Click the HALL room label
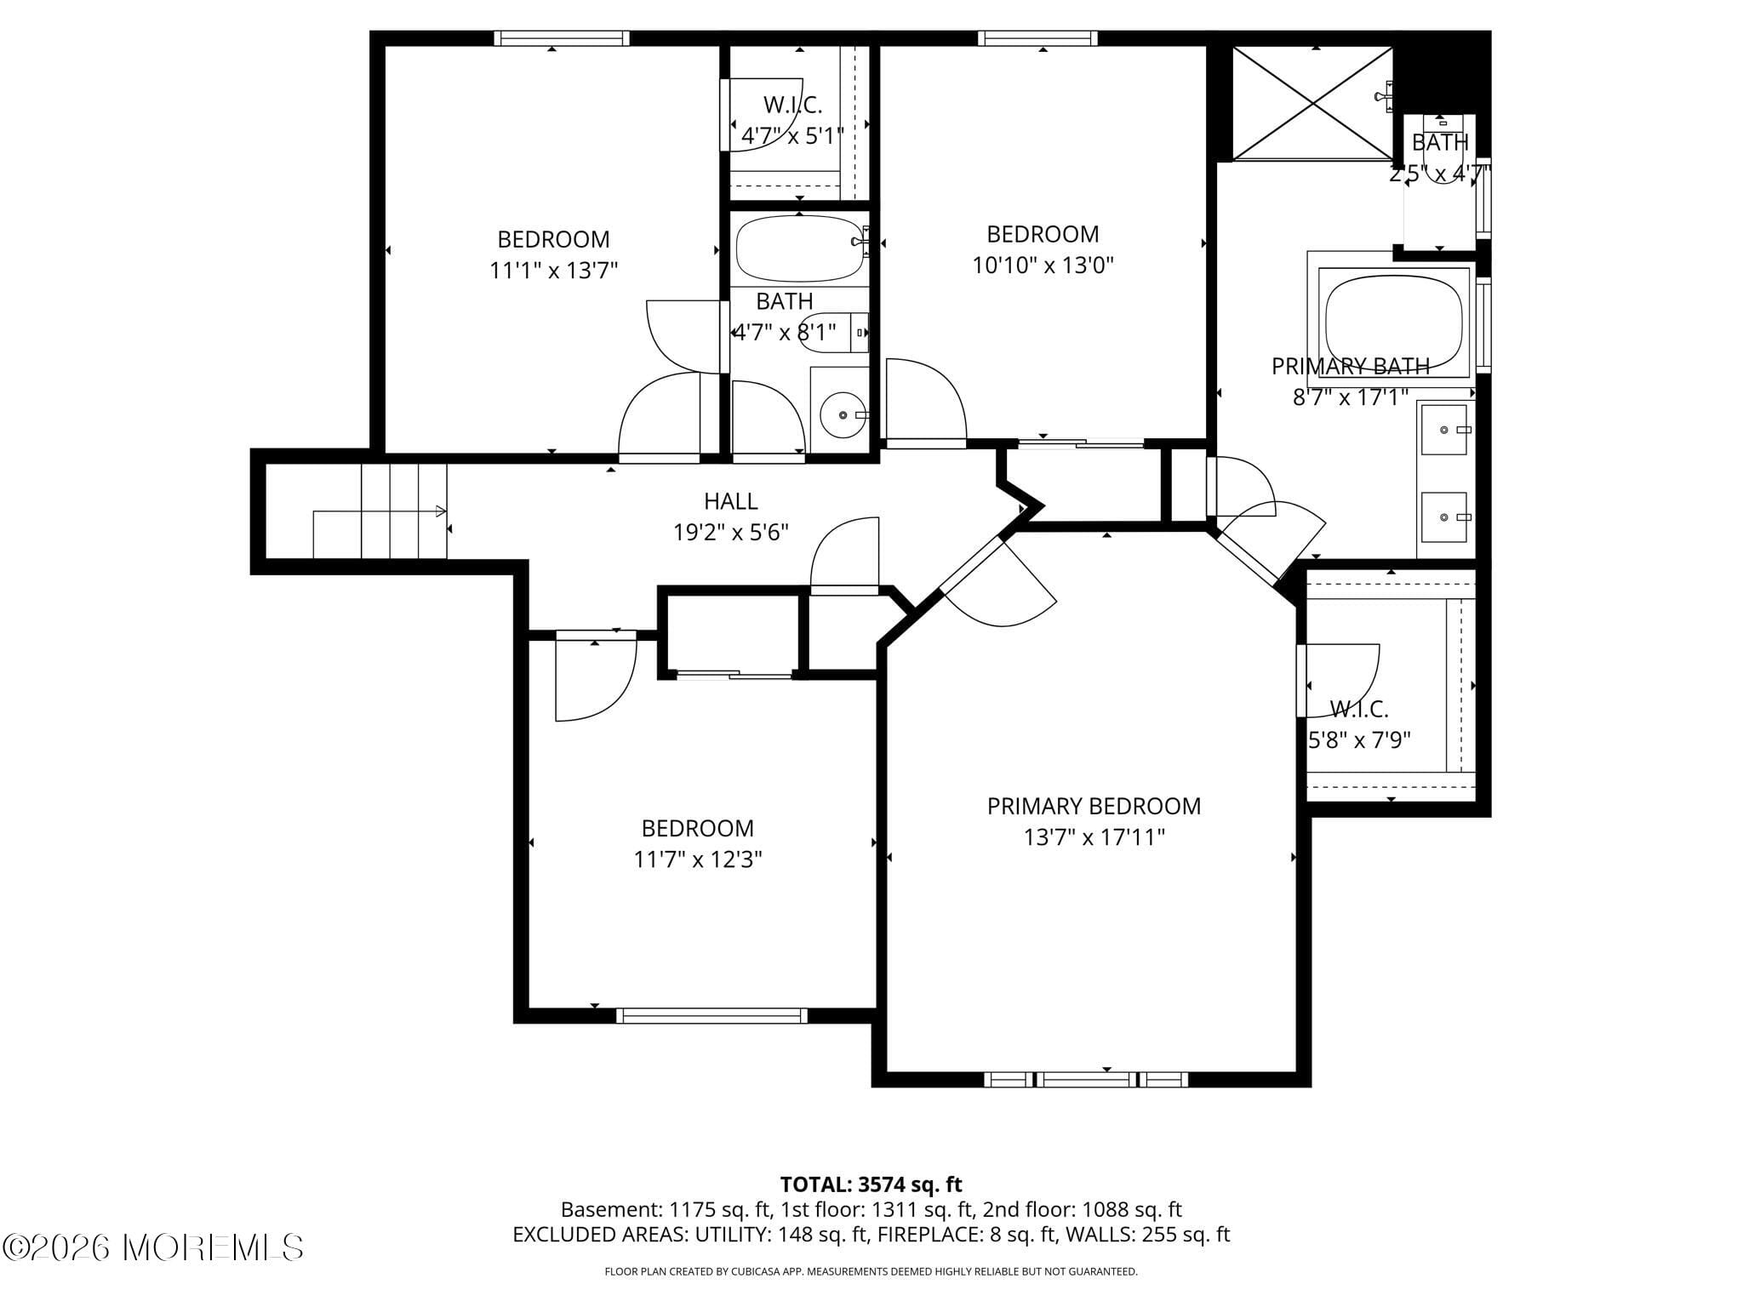730,501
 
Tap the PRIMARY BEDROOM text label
1094,806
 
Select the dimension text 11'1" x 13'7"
553,271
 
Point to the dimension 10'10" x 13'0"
1043,265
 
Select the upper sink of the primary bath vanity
1445,430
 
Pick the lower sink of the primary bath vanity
1444,517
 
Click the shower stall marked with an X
1314,103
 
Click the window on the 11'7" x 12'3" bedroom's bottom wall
711,1015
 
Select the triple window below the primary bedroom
1086,1080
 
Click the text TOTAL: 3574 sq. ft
871,1184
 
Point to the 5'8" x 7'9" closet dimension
1359,740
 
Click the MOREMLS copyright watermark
153,1247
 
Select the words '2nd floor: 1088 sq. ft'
1082,1209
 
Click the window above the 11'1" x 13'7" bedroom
562,37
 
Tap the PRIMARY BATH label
1350,366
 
